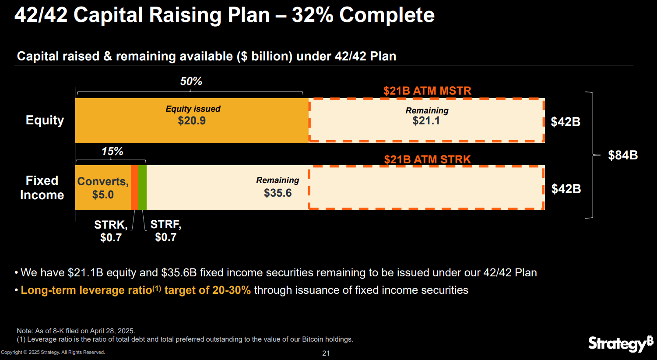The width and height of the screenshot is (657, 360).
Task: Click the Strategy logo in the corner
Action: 620,343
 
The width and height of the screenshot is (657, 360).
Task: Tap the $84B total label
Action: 622,155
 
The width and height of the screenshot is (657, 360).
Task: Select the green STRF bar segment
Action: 142,187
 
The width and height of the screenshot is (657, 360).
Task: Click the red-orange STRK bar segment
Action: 134,187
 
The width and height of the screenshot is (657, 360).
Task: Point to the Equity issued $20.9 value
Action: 192,121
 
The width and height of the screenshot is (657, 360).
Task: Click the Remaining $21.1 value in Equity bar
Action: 426,121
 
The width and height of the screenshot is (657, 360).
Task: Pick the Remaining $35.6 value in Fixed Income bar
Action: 278,193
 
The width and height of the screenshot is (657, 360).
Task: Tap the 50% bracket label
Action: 191,81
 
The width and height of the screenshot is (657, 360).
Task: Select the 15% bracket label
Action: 112,152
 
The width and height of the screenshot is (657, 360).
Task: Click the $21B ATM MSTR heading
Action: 427,91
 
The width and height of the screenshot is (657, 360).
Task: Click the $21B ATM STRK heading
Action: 427,159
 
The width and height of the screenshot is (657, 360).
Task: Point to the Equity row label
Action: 45,120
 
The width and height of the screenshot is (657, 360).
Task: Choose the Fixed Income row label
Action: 42,187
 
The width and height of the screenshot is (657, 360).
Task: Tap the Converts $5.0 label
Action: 103,188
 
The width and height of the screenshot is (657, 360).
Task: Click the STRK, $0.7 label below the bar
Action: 111,231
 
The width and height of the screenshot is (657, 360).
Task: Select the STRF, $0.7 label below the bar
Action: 165,230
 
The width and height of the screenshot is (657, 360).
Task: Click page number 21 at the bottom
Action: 326,353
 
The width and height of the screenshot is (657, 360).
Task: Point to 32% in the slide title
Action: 312,15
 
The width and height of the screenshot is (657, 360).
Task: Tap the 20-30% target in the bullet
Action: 232,290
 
